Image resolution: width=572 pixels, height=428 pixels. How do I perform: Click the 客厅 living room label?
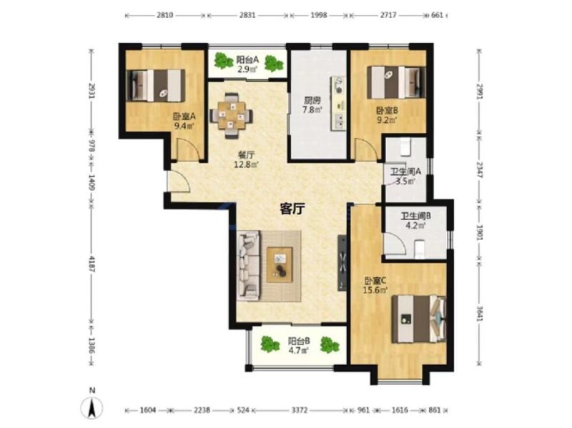tap(292, 209)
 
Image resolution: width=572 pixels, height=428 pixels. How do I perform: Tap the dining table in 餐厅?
tap(231, 116)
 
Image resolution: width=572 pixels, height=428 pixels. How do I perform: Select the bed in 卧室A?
tap(156, 86)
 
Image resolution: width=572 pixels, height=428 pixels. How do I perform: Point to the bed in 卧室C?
tap(419, 319)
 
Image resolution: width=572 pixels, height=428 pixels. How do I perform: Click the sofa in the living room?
tap(249, 266)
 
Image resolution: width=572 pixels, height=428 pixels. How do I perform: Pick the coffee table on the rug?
tap(280, 265)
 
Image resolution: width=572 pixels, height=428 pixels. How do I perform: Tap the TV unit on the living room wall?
tap(342, 263)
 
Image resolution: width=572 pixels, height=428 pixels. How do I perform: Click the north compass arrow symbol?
tap(92, 407)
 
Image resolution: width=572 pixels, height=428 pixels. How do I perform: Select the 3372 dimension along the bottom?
tap(299, 411)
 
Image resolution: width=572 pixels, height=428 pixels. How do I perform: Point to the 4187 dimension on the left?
tap(92, 264)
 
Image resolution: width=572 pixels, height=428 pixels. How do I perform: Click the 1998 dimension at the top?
tap(319, 15)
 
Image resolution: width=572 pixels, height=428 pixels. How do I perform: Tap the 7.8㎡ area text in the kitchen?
tap(312, 109)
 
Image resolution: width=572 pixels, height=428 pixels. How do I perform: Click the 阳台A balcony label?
tap(247, 59)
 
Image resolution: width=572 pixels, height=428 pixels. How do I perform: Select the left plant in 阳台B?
tap(270, 344)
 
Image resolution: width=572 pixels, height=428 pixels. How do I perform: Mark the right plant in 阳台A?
tap(273, 64)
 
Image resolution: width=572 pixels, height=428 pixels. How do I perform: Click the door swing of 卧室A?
tap(189, 149)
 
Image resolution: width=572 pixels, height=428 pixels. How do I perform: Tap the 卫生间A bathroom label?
tap(405, 171)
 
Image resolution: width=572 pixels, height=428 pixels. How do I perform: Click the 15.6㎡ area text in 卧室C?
tap(375, 290)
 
